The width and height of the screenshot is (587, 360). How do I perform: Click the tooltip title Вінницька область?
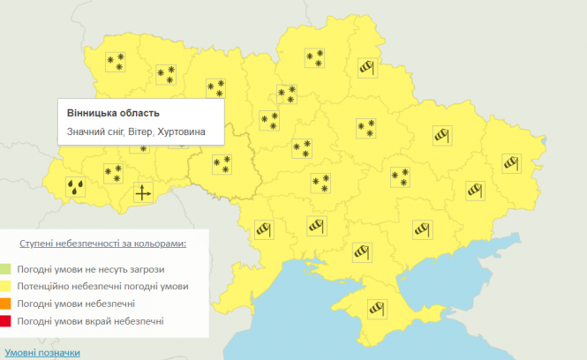click(x=114, y=114)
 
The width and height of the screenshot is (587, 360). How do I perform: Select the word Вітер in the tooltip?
click(x=139, y=132)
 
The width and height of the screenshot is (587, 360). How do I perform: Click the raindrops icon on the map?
click(x=77, y=186)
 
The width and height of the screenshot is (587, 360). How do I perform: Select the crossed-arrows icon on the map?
click(x=143, y=193)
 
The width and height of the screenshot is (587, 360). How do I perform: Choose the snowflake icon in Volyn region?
click(x=115, y=61)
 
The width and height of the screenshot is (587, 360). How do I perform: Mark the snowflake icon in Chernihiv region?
click(x=314, y=57)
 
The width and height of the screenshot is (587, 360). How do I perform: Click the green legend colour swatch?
click(x=6, y=268)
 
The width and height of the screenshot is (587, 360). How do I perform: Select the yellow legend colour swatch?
click(x=6, y=286)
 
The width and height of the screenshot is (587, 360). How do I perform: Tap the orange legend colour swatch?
click(x=6, y=304)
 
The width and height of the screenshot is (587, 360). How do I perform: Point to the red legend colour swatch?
click(x=6, y=321)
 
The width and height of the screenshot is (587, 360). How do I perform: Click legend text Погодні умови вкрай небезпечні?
click(x=89, y=321)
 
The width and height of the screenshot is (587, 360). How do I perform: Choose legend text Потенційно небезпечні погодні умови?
click(x=102, y=286)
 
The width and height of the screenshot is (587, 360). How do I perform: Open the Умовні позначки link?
click(x=41, y=352)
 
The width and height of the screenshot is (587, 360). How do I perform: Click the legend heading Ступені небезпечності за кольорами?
click(x=104, y=241)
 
